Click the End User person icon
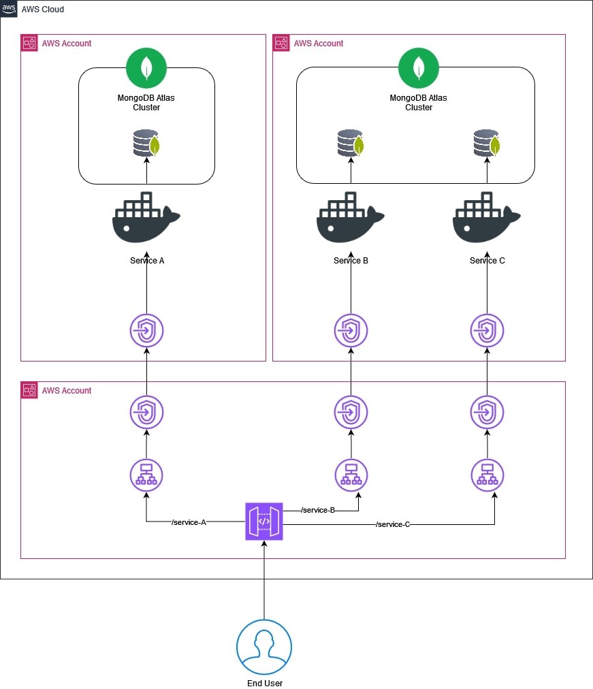[x=264, y=647]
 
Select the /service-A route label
[x=189, y=522]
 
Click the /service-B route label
[x=317, y=510]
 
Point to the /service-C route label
[x=392, y=524]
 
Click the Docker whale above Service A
[x=146, y=218]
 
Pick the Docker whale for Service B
[x=350, y=218]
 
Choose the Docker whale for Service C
[x=486, y=218]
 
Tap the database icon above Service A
[x=146, y=144]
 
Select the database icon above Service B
[x=350, y=144]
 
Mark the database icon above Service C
[x=486, y=144]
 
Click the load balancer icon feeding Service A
[x=146, y=475]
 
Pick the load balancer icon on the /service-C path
[x=487, y=475]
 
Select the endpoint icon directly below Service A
[x=146, y=331]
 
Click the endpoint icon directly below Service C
[x=487, y=331]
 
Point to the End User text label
[x=264, y=683]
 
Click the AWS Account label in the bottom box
[x=66, y=391]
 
